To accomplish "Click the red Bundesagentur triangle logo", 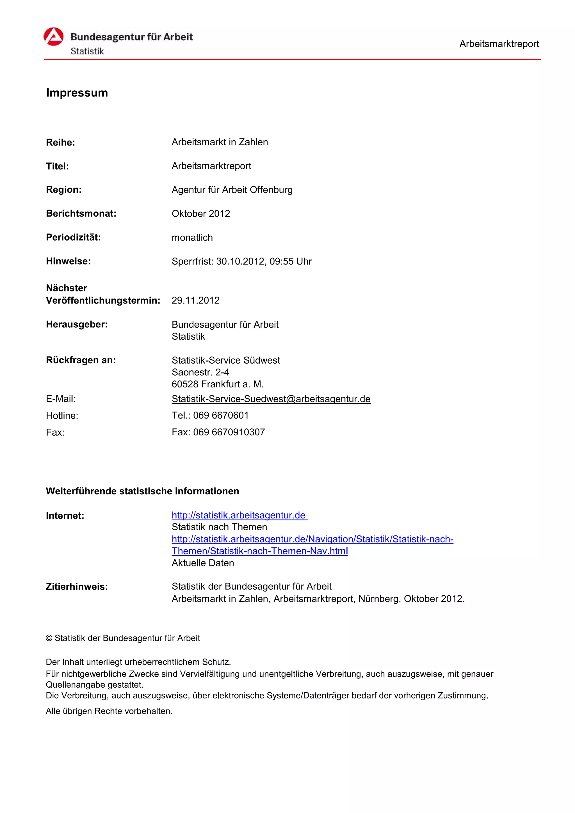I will coord(54,37).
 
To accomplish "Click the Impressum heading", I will coord(77,93).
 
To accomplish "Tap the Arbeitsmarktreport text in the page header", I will coord(499,44).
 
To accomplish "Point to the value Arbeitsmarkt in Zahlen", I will coord(220,142).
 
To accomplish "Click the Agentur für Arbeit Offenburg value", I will coord(232,190).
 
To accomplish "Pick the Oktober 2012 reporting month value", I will coord(201,213).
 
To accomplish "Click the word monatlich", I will coord(192,237).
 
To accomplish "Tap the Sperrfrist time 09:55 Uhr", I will coord(291,261).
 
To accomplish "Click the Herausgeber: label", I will coord(77,324).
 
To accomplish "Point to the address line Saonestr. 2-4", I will coord(200,372).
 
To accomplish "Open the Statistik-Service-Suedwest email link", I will coord(271,399).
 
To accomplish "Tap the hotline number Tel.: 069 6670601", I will coord(210,415).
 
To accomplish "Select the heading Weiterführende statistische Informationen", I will coord(142,491).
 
